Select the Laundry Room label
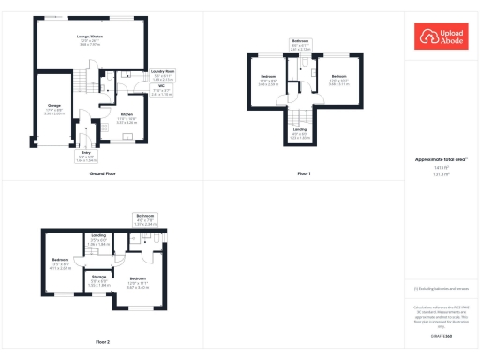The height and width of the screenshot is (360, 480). pos(163,71)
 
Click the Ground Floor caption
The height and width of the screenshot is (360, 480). pos(103,174)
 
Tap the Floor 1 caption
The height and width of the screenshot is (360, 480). pos(303,174)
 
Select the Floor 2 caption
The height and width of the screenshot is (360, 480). pos(102,341)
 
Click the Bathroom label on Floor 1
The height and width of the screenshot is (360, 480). pos(300,41)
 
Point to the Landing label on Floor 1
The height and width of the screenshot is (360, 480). pos(300,130)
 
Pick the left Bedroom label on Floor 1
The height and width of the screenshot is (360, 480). pos(268,75)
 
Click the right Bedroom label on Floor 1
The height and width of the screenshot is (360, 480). pos(338,75)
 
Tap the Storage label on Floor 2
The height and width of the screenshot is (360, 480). pos(98,277)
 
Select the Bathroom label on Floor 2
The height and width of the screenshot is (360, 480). pos(144,215)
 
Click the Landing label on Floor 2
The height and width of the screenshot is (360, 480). pos(97,235)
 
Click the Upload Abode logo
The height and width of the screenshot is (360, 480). pos(442,37)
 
